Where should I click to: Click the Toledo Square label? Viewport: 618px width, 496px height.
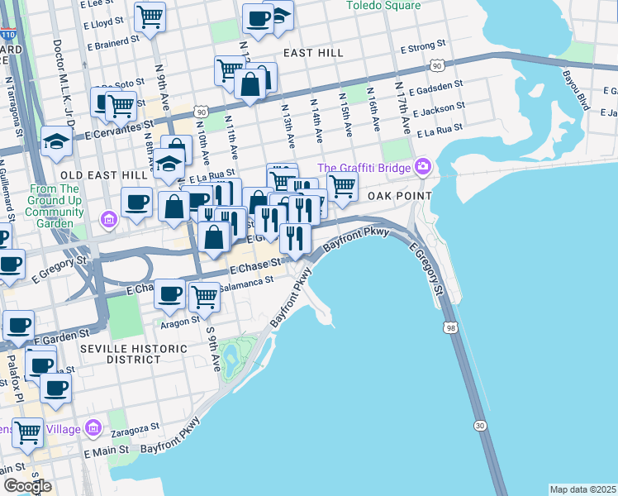click(383, 6)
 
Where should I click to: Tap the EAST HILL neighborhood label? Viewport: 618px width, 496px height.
click(312, 52)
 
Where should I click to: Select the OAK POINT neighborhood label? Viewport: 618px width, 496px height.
click(400, 195)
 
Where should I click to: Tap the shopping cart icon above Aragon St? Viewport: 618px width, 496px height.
click(204, 296)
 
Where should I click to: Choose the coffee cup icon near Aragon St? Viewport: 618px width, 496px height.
click(170, 293)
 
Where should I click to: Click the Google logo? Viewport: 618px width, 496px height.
click(27, 485)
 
